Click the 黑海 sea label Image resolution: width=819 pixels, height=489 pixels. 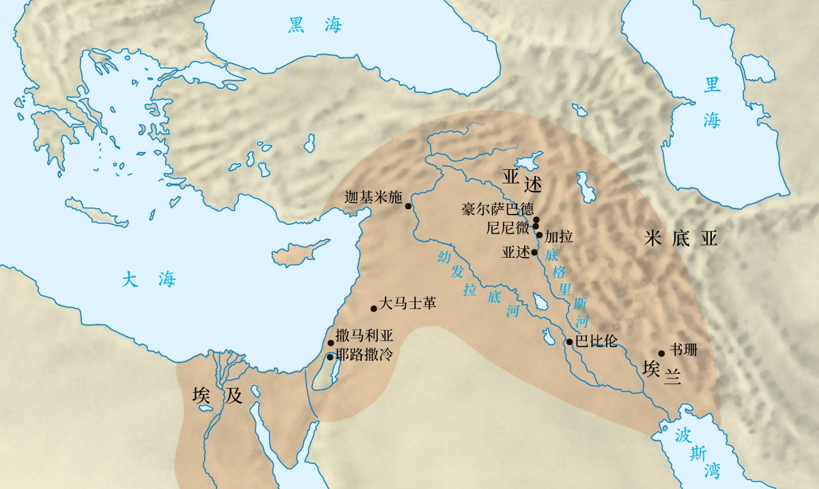tap(315, 26)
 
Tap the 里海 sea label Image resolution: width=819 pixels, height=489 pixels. tap(713, 102)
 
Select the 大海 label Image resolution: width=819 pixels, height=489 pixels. tap(149, 279)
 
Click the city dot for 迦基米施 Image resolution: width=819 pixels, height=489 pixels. tap(408, 205)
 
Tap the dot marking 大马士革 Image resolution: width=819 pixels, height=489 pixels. tap(373, 308)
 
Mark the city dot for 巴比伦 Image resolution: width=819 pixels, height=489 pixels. tap(569, 342)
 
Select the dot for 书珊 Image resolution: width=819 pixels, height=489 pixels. tap(661, 353)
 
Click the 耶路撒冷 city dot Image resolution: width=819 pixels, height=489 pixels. tap(330, 357)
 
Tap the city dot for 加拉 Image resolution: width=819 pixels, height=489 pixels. tap(539, 235)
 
